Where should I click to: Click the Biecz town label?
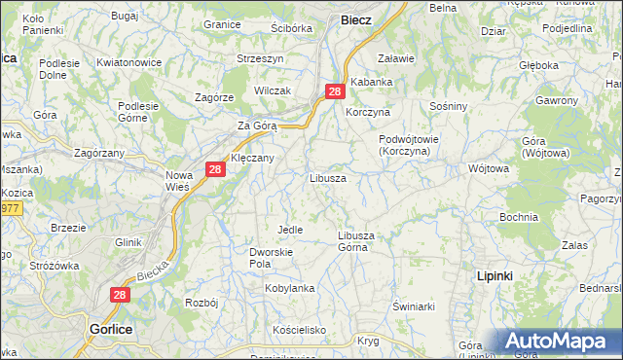pos(355,19)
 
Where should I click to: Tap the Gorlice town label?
pos(110,330)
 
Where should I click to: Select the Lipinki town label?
pos(495,276)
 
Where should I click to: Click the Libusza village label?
pos(327,179)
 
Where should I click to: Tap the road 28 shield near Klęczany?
pos(216,170)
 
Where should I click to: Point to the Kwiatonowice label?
pos(129,62)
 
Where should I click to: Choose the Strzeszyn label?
pos(260,58)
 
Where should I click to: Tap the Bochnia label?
pos(518,216)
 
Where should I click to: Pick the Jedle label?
pos(290,230)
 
